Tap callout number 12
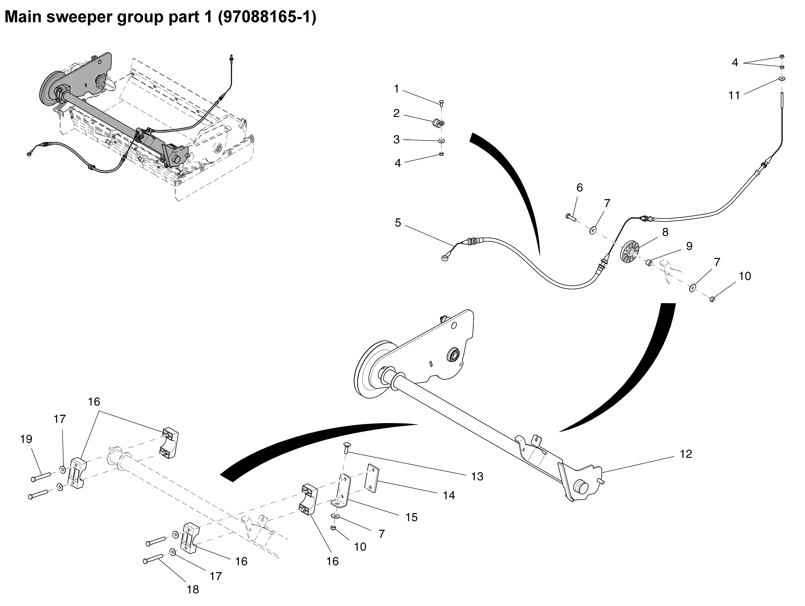click(x=686, y=454)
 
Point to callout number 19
click(x=26, y=439)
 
